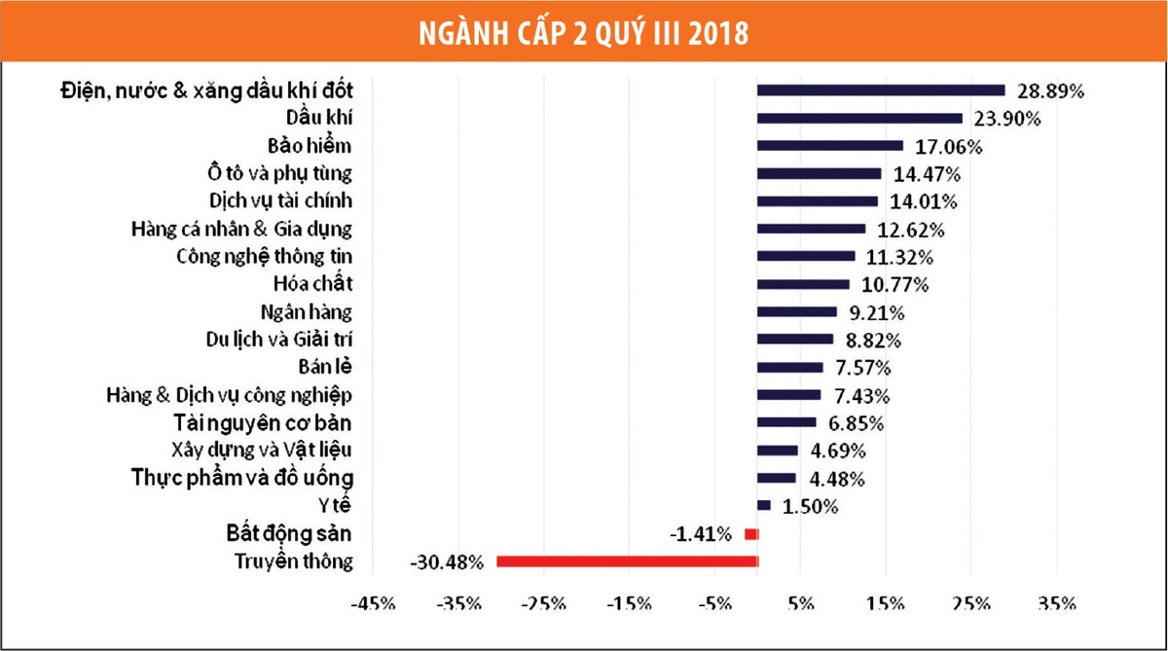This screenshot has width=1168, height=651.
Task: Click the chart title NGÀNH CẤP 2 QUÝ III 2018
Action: [584, 32]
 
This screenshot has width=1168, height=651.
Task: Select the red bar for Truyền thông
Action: [627, 561]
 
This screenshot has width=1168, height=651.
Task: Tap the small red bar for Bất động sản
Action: [750, 534]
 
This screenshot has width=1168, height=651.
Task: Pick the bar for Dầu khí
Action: [859, 119]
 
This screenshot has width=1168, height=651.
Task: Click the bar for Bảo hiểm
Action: [830, 146]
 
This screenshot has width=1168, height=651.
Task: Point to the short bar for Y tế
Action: [764, 505]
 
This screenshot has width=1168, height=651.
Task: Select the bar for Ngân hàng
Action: [797, 312]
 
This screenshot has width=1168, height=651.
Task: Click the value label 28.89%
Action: [1051, 91]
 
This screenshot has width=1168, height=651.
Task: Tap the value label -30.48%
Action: [447, 562]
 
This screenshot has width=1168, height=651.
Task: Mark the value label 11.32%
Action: [901, 258]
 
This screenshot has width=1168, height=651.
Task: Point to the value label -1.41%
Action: [700, 534]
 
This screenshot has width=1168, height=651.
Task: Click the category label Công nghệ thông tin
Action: [264, 258]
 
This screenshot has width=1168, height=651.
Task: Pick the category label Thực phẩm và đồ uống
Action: [243, 478]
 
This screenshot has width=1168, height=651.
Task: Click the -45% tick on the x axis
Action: [375, 603]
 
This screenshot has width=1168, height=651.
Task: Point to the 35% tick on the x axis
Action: [1056, 603]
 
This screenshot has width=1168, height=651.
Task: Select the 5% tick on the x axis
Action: [801, 603]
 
